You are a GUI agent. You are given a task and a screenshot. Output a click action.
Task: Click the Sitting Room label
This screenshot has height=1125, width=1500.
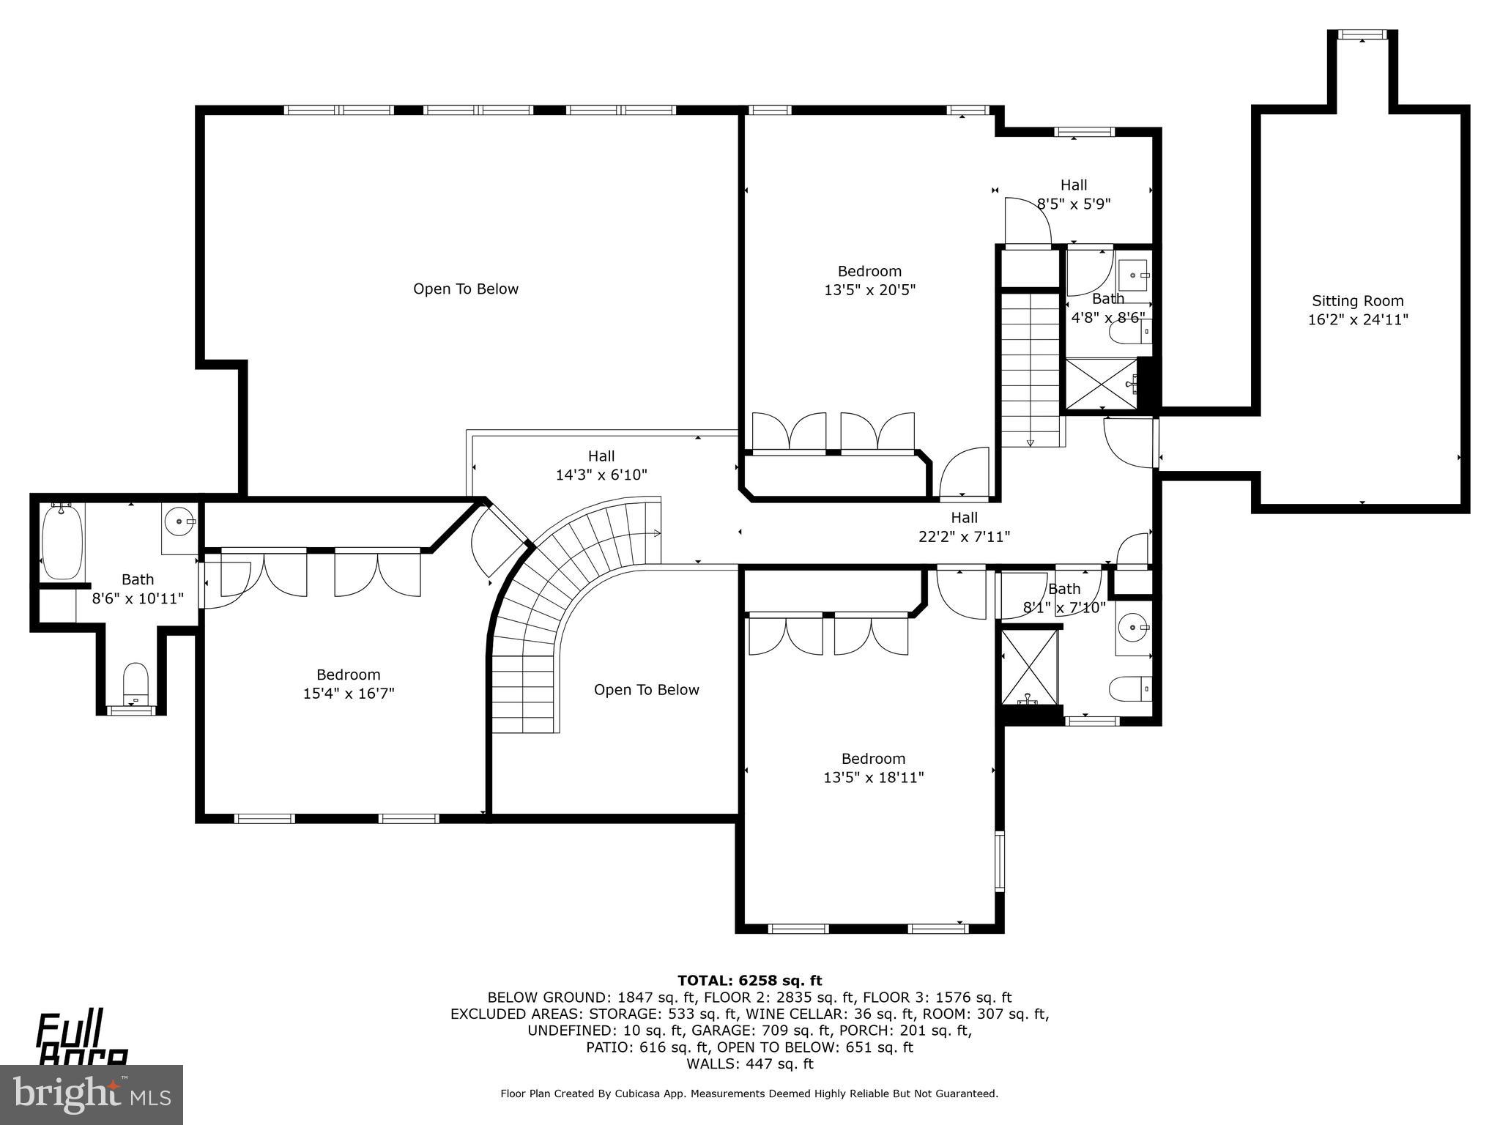pyautogui.click(x=1357, y=301)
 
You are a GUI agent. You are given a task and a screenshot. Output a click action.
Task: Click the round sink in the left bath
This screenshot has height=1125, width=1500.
pyautogui.click(x=178, y=521)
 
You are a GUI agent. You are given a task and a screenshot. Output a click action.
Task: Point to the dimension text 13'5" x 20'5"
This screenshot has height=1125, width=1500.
pyautogui.click(x=869, y=290)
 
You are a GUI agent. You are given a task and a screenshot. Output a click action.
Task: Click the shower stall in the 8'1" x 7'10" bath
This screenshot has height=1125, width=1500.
pyautogui.click(x=1029, y=667)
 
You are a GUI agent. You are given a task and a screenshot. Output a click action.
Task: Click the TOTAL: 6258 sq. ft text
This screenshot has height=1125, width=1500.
pyautogui.click(x=749, y=980)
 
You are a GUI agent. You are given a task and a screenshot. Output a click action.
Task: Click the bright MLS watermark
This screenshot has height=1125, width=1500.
pyautogui.click(x=92, y=1094)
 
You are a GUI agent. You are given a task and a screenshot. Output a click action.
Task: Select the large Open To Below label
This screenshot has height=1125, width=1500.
pyautogui.click(x=465, y=289)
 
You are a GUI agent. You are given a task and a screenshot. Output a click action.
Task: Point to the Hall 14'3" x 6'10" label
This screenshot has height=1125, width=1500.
pyautogui.click(x=601, y=466)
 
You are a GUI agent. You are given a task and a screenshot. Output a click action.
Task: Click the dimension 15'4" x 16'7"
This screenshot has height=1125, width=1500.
pyautogui.click(x=349, y=693)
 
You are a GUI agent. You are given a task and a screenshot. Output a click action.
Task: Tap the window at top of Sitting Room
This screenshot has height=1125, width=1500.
pyautogui.click(x=1362, y=34)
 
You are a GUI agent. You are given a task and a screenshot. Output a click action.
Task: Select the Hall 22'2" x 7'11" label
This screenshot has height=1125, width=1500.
pyautogui.click(x=964, y=527)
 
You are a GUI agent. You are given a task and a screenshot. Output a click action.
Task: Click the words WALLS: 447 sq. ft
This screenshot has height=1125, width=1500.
pyautogui.click(x=749, y=1063)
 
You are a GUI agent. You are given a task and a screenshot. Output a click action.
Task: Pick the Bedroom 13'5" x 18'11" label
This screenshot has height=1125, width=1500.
pyautogui.click(x=873, y=768)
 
